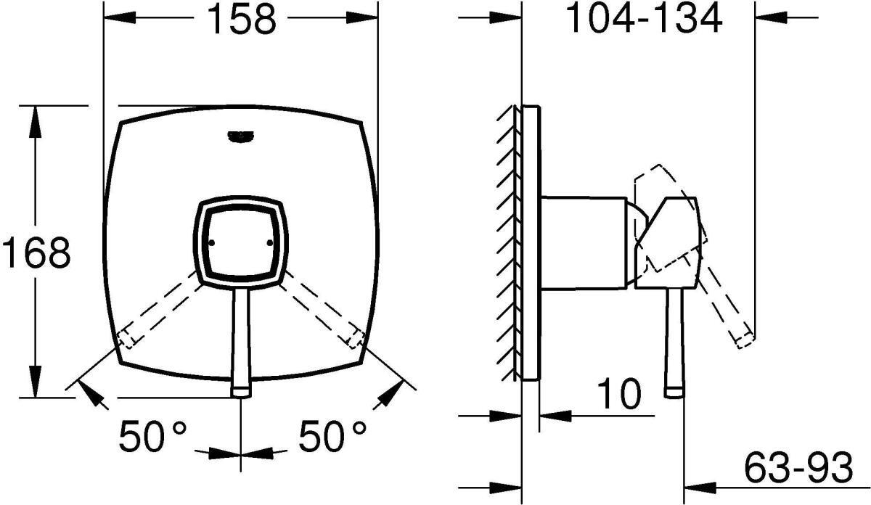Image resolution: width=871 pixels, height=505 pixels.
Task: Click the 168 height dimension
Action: click(x=36, y=252)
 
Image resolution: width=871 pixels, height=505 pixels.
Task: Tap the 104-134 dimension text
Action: click(x=644, y=19)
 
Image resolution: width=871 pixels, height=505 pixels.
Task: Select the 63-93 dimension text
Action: click(x=798, y=466)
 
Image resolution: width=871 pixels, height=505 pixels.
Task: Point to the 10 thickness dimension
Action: click(x=618, y=394)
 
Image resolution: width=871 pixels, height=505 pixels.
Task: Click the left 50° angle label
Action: click(x=152, y=437)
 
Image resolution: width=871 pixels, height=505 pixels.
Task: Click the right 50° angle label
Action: click(x=332, y=437)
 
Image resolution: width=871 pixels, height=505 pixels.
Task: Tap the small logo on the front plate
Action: click(x=241, y=137)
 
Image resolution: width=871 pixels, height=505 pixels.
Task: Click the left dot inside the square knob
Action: click(x=212, y=243)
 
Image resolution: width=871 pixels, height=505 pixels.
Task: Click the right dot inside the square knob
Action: click(x=270, y=243)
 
